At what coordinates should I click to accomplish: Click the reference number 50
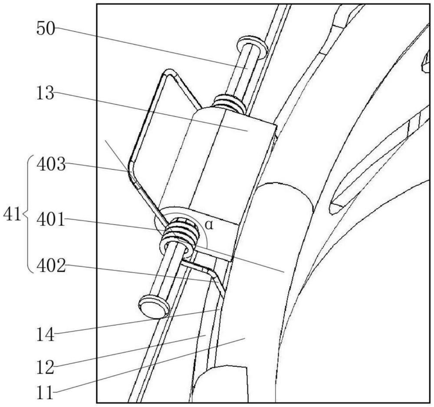[46, 29]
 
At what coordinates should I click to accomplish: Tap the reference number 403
[51, 165]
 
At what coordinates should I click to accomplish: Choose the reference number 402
[51, 266]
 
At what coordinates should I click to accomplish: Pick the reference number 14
[45, 335]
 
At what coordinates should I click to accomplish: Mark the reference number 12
[45, 368]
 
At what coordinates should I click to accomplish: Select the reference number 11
[45, 393]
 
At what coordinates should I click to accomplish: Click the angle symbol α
[210, 225]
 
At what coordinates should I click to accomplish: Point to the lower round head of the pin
[154, 307]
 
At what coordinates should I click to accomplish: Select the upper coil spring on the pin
[228, 103]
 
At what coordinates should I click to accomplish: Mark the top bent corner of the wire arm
[169, 72]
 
